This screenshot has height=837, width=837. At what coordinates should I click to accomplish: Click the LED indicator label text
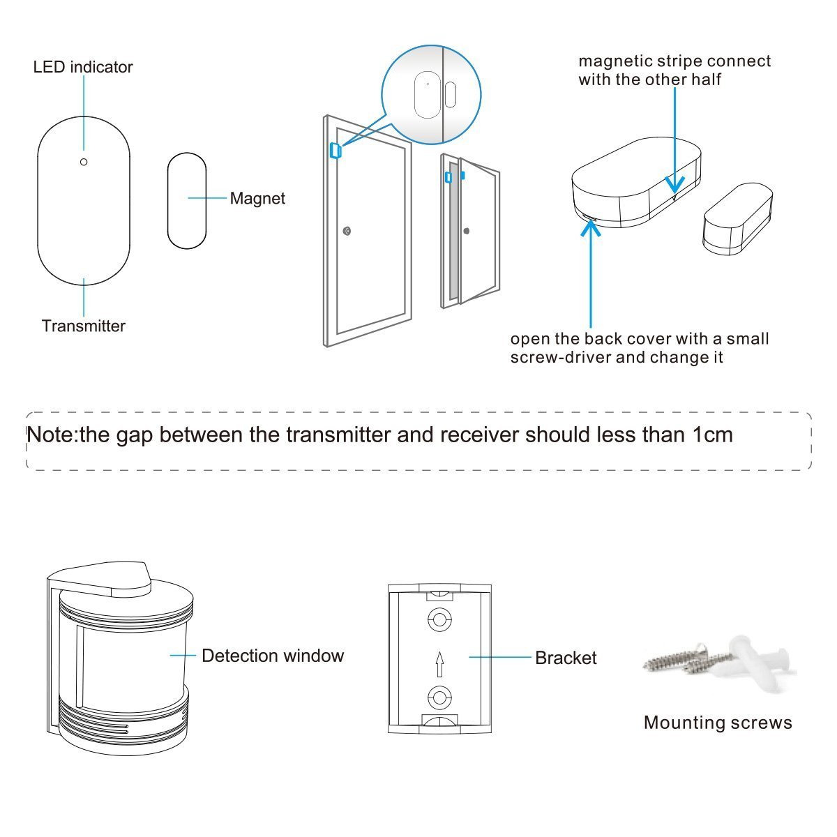(x=83, y=67)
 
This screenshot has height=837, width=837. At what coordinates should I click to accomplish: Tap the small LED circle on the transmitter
(x=84, y=162)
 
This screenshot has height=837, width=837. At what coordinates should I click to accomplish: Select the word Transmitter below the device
(x=84, y=326)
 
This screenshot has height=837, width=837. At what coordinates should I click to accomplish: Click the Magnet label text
(x=257, y=198)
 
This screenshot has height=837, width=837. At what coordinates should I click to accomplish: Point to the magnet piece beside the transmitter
(x=187, y=200)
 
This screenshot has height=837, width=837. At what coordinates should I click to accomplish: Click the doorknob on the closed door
(x=347, y=231)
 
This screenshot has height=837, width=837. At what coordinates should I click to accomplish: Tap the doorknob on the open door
(x=467, y=231)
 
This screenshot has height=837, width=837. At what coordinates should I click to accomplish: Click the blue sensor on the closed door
(x=334, y=151)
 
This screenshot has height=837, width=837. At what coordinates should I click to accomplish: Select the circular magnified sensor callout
(x=431, y=95)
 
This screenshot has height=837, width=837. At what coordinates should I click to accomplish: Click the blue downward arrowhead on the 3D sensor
(x=674, y=184)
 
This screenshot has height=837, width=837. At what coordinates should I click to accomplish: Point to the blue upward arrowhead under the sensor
(x=591, y=229)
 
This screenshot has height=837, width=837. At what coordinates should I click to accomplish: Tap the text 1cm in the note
(x=712, y=435)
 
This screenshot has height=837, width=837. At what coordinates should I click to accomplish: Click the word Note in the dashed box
(x=51, y=435)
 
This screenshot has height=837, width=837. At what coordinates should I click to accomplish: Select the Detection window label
(x=272, y=656)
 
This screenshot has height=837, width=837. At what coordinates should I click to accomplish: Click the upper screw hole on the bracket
(x=439, y=619)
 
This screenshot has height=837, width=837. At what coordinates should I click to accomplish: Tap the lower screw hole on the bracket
(x=439, y=696)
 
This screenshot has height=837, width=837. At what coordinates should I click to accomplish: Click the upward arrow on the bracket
(x=439, y=663)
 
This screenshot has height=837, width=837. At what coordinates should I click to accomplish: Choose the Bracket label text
(x=566, y=658)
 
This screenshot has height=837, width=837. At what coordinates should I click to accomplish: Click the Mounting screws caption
(x=718, y=722)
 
